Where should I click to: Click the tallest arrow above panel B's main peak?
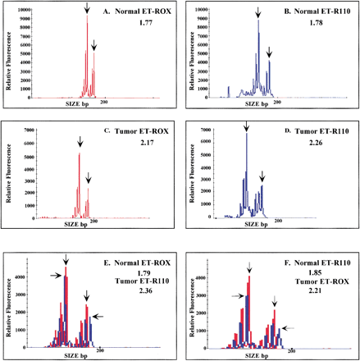point(258,11)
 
